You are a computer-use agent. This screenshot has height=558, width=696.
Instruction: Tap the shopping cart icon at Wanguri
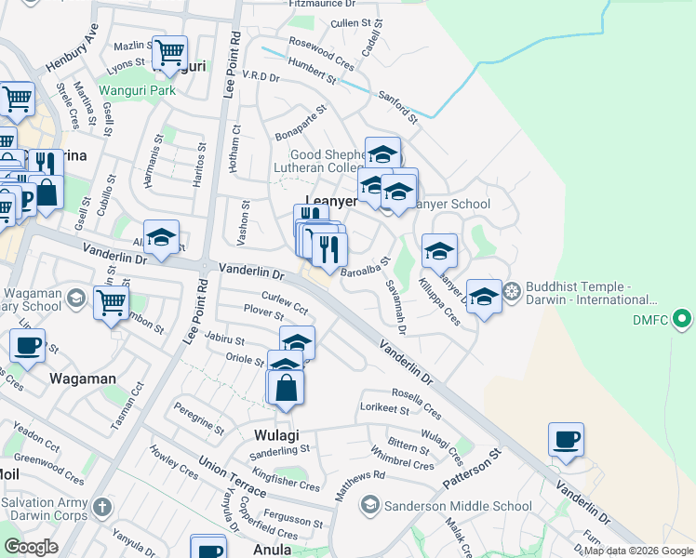pyautogui.click(x=169, y=53)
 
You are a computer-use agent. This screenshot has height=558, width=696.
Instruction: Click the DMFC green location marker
pyautogui.click(x=683, y=321)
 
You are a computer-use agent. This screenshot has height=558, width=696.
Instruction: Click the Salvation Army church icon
pyautogui.click(x=101, y=508)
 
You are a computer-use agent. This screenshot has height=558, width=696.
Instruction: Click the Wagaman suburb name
pyautogui.click(x=82, y=379)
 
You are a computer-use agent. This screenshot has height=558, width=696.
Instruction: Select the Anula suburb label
pyautogui.click(x=273, y=549)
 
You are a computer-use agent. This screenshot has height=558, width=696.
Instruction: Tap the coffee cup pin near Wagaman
pyautogui.click(x=27, y=346)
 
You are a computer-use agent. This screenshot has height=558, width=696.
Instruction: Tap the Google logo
pyautogui.click(x=31, y=547)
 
